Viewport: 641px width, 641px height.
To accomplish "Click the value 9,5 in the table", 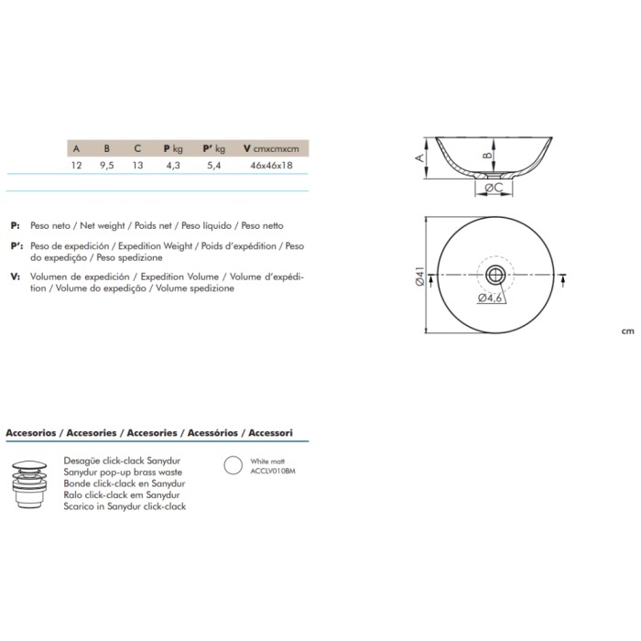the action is tap(107, 165).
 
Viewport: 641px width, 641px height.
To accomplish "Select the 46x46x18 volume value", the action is tap(271, 165).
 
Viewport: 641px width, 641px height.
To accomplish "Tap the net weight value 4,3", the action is tap(173, 165).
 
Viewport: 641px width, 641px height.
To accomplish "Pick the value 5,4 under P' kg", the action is tap(213, 165).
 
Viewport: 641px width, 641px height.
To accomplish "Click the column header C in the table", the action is tap(137, 148).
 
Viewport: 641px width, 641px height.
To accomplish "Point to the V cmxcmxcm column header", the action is tap(271, 148).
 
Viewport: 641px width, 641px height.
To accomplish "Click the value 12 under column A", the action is tap(76, 165).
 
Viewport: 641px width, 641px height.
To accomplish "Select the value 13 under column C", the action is tap(137, 165).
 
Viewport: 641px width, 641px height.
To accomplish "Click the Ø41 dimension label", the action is tap(419, 276).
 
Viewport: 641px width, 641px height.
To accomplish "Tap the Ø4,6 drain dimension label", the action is tap(490, 298).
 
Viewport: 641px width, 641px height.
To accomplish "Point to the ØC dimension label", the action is tap(494, 188).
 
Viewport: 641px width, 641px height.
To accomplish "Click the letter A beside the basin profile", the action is tap(419, 158).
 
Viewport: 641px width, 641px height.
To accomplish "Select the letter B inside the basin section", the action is tap(488, 156).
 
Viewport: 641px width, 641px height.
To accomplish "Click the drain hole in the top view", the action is tap(495, 275).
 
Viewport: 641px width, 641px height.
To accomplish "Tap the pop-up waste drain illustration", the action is tap(29, 483).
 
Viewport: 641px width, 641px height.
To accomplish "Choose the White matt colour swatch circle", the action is tap(233, 465).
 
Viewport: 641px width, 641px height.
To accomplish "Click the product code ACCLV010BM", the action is tap(273, 471).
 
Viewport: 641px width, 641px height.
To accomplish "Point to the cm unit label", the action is tap(628, 331).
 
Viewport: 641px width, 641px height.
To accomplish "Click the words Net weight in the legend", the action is tap(103, 225).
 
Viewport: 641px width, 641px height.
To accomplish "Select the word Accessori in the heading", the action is tap(271, 432).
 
